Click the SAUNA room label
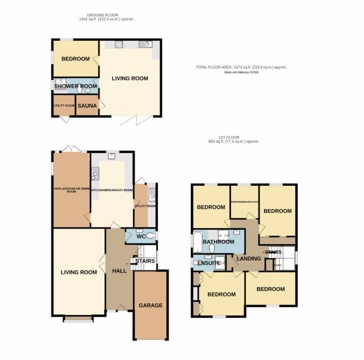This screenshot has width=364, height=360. pos(87,106)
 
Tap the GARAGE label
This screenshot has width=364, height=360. pos(150,305)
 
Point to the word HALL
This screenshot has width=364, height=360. pos(119,271)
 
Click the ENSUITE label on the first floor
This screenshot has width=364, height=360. pos(208,263)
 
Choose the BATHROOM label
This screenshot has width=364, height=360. pos(218,242)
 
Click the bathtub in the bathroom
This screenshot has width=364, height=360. pos(198,242)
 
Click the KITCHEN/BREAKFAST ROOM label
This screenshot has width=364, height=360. pos(112,190)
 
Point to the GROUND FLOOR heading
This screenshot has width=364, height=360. pos(110,15)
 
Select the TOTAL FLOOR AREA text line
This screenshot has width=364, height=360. pos(248,67)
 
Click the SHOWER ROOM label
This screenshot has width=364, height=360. pos(75,86)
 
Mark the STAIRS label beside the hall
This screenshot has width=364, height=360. pos(145,261)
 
